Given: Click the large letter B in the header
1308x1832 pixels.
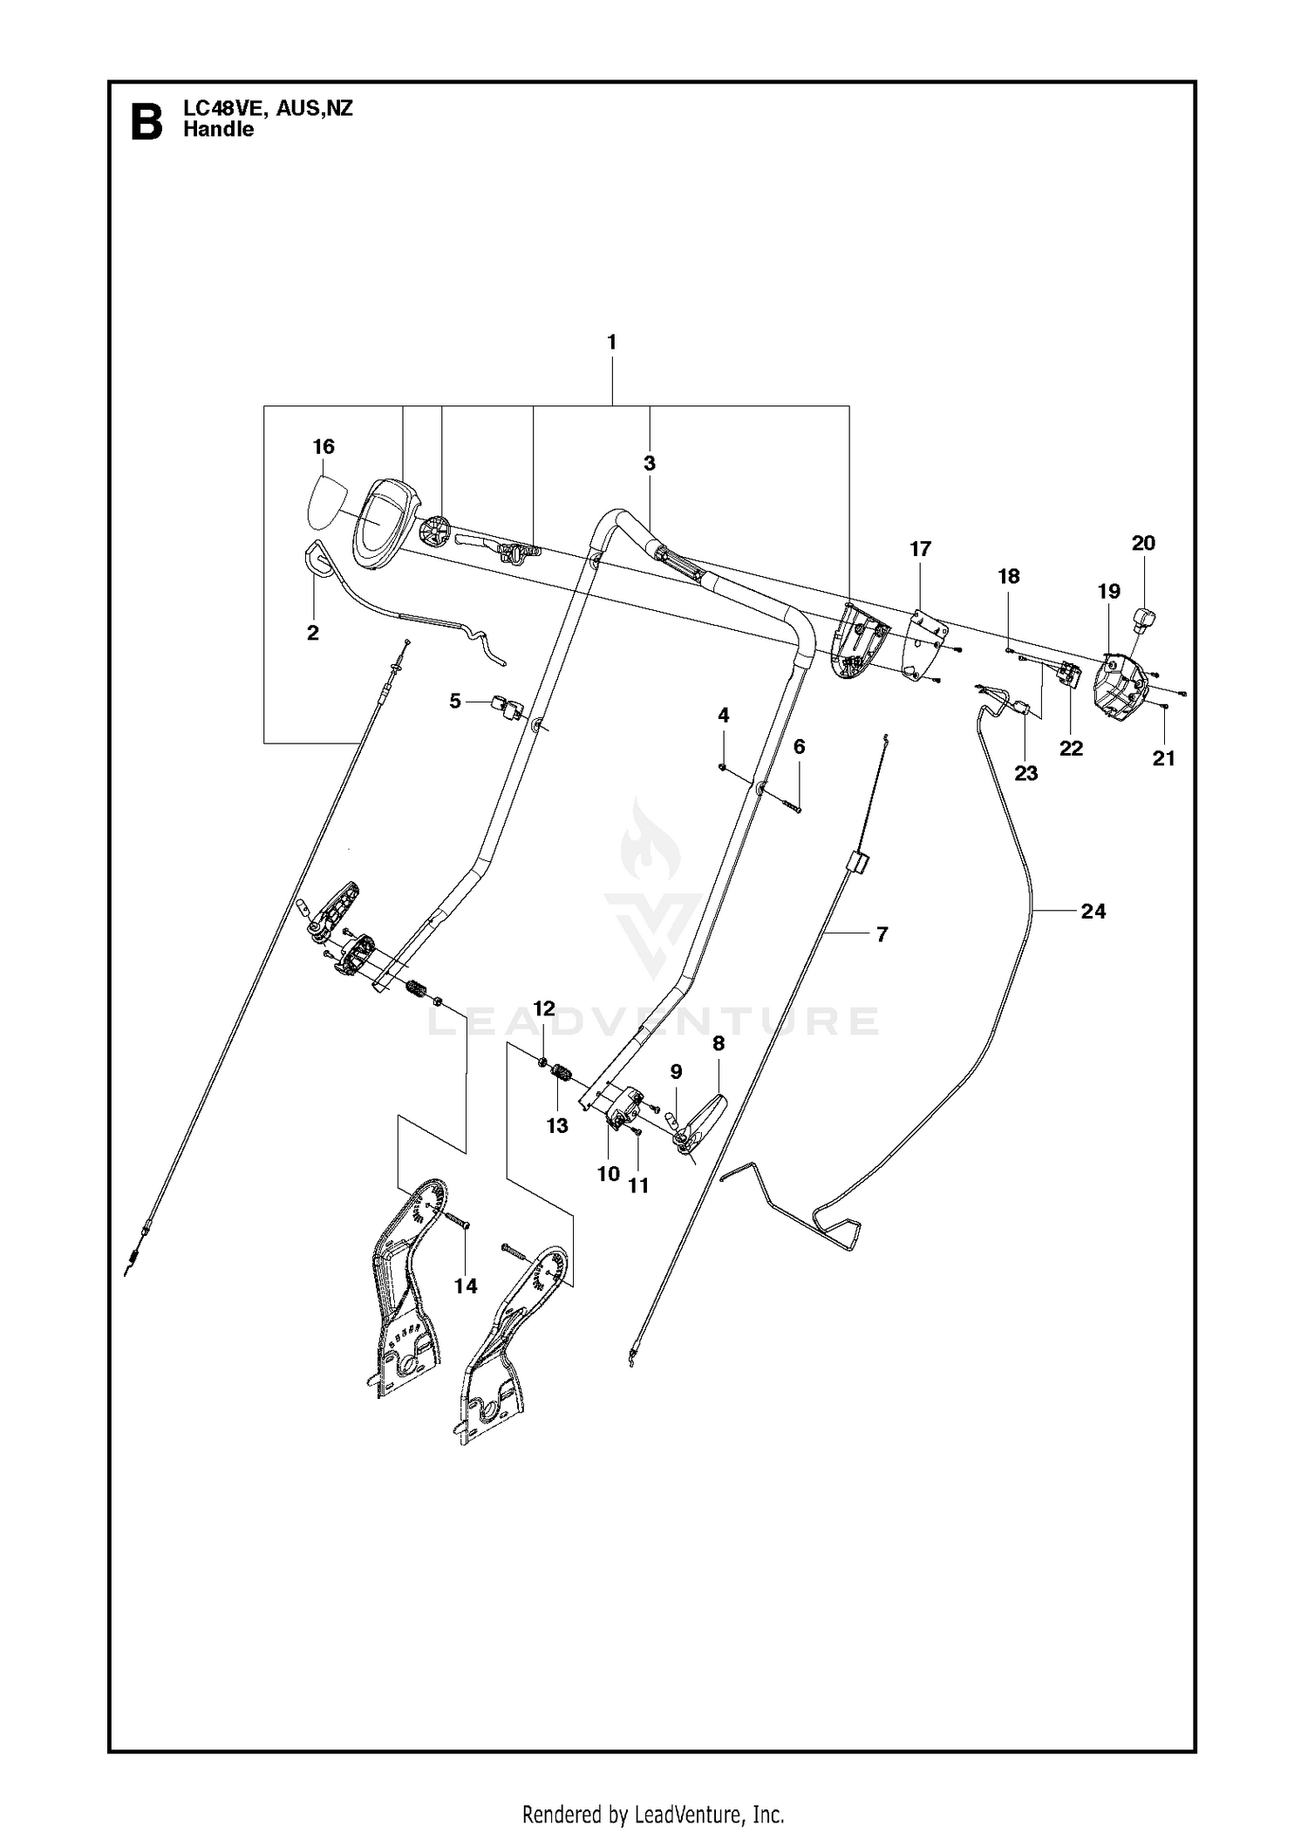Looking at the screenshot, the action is point(146,122).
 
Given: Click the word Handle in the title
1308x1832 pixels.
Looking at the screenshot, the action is point(219,130).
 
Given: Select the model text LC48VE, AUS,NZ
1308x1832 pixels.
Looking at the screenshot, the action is point(268,109).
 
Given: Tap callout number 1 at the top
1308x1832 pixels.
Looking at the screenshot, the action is point(612,343).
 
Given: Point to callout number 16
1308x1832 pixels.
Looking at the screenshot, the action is point(324,447).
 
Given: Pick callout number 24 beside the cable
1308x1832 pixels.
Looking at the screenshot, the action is point(1093,911).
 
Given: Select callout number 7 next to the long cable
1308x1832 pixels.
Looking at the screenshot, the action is point(882,934).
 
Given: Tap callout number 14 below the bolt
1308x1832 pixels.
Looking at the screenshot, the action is point(466,1286).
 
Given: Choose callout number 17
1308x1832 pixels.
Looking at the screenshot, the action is point(920,549).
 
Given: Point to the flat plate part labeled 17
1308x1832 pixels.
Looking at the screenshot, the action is point(924,645).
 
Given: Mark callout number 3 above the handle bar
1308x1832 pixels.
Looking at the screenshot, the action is point(650,464).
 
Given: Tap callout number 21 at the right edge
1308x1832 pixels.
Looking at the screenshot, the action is point(1164,758).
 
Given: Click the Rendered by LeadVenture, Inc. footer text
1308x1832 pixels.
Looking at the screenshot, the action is point(653,1808).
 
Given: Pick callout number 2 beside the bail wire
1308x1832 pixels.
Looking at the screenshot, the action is point(313,634).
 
